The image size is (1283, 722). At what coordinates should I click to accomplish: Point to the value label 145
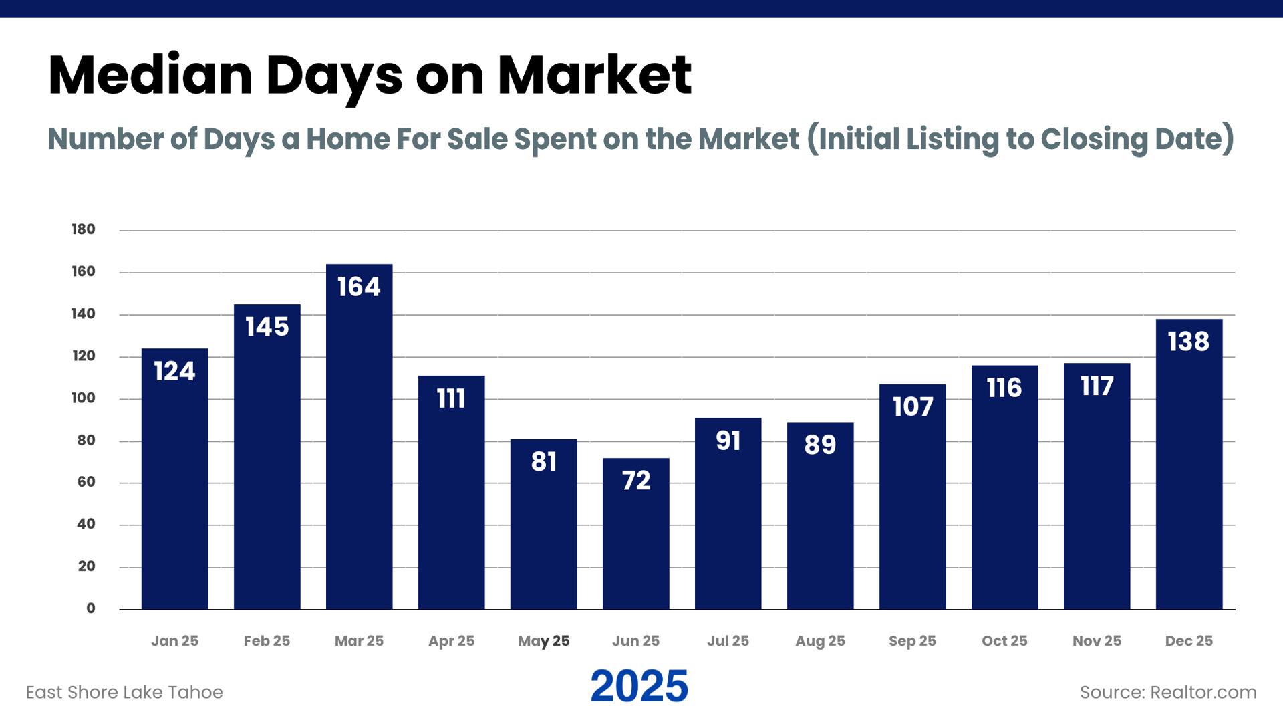click(x=267, y=327)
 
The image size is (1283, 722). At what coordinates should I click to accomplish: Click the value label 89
click(x=820, y=445)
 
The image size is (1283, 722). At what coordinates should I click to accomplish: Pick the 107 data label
click(x=913, y=406)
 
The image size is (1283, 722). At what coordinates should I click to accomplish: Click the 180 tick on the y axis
click(x=84, y=229)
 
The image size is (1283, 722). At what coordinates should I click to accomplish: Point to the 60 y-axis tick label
click(x=86, y=482)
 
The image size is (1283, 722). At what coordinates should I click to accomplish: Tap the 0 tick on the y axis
click(x=91, y=608)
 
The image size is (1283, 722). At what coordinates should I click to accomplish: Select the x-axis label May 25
click(x=543, y=641)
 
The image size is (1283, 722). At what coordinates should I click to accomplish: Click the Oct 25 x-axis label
click(x=1004, y=641)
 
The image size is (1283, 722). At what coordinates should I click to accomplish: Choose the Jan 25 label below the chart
click(x=174, y=641)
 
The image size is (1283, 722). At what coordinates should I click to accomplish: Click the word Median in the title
click(x=150, y=75)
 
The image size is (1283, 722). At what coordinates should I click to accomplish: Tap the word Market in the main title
click(x=594, y=75)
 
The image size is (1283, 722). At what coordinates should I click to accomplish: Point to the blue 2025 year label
click(x=639, y=687)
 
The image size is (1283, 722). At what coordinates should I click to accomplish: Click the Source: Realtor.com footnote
click(x=1168, y=692)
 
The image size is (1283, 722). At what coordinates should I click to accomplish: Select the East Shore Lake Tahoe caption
click(x=124, y=692)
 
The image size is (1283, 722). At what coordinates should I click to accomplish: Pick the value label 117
click(x=1097, y=386)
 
